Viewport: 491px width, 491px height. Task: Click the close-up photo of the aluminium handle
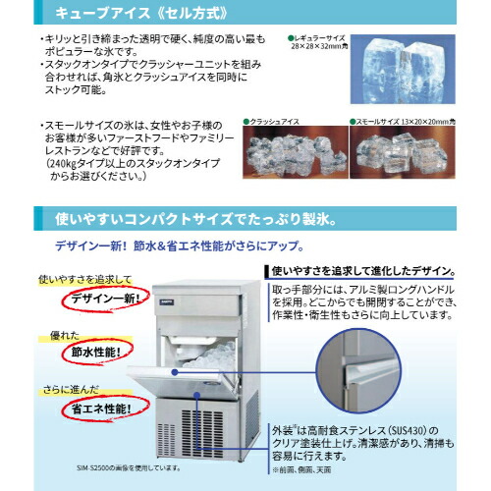pyautogui.click(x=369, y=374)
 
